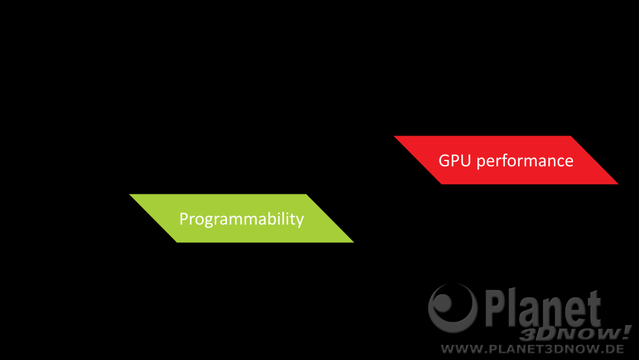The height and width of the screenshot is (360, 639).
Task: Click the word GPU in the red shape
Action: click(x=455, y=160)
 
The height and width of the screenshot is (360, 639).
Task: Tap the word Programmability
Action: click(x=242, y=219)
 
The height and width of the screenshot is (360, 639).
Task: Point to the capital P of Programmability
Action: click(x=183, y=219)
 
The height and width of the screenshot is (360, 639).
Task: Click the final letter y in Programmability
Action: click(x=300, y=221)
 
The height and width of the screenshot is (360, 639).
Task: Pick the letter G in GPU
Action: click(x=444, y=160)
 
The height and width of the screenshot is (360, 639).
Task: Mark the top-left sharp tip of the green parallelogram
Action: click(x=130, y=194)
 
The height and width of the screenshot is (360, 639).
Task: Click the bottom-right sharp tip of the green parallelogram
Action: click(x=353, y=242)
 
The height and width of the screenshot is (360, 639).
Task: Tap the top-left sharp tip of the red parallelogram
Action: click(x=394, y=136)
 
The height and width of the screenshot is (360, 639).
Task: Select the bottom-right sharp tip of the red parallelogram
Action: click(x=618, y=184)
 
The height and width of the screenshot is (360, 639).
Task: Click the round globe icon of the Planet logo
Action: click(x=453, y=308)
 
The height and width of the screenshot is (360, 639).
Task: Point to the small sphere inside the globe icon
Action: click(x=443, y=303)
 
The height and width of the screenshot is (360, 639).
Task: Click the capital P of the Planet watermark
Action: click(x=495, y=308)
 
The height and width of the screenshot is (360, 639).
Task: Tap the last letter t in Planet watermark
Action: click(x=594, y=309)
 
